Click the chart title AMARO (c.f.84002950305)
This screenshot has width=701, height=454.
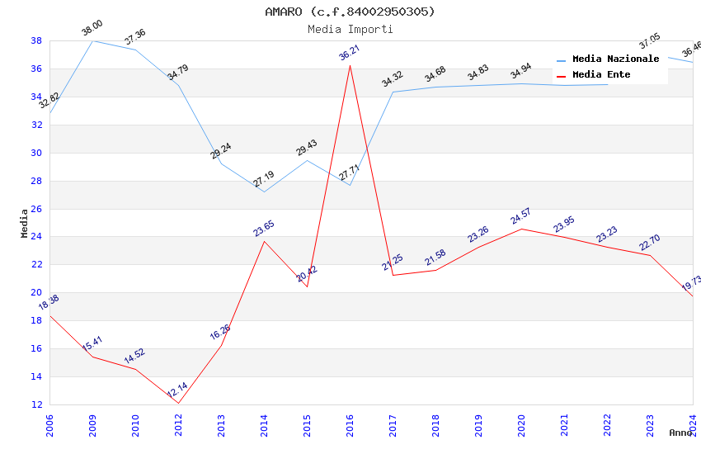(350, 12)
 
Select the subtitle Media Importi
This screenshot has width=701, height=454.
(350, 29)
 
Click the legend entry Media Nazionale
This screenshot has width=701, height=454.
(615, 59)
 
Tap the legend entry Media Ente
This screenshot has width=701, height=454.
(601, 75)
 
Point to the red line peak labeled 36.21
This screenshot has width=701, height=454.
(350, 65)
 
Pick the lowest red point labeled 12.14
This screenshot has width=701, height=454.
(178, 404)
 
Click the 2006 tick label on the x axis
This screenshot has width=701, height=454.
(49, 424)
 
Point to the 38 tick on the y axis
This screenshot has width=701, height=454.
(36, 40)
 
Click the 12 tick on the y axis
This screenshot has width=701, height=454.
(36, 404)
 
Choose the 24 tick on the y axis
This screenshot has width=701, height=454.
(36, 237)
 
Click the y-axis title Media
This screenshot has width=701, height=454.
(25, 223)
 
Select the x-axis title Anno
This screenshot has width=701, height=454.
(680, 433)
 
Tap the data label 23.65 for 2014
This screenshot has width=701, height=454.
(264, 229)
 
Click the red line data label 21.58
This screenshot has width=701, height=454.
(435, 258)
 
